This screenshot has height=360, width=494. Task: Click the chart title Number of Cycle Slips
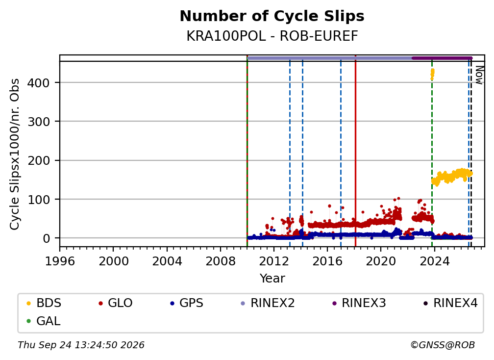(272, 16)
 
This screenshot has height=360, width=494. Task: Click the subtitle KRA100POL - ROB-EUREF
(272, 36)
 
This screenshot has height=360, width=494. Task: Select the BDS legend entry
(44, 303)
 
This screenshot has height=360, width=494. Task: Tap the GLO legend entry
(115, 303)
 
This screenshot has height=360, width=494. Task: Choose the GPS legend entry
(187, 303)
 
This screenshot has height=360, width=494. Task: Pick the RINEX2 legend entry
(268, 303)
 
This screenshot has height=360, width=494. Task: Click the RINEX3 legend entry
(359, 303)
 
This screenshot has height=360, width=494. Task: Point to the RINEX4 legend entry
(450, 303)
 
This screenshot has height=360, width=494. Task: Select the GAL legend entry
(44, 321)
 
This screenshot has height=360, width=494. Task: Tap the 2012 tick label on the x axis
(274, 261)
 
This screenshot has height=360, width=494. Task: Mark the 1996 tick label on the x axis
(60, 261)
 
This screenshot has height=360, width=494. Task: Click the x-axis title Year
(272, 279)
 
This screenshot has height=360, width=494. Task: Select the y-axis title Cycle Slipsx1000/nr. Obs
(15, 154)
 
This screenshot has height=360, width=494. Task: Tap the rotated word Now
(479, 75)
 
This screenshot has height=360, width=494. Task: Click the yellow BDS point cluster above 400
(432, 75)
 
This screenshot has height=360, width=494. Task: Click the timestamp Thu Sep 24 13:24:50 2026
(81, 345)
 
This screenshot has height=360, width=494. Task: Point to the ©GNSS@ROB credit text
(443, 345)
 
